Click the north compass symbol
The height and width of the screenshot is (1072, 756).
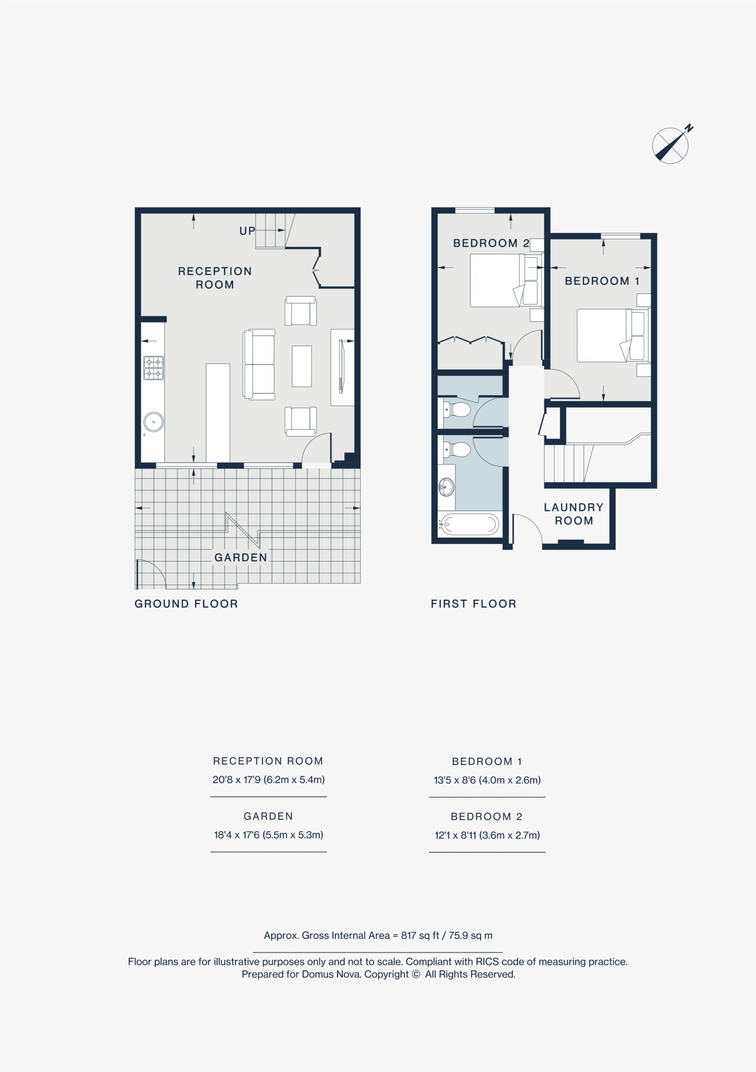pyautogui.click(x=671, y=145)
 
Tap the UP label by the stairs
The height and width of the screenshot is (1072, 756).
pyautogui.click(x=247, y=231)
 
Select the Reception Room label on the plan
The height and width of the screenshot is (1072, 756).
pyautogui.click(x=215, y=278)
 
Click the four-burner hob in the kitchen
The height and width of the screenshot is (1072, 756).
pyautogui.click(x=154, y=368)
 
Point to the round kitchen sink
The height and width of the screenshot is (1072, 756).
pyautogui.click(x=154, y=422)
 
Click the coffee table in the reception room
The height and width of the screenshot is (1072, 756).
pyautogui.click(x=302, y=366)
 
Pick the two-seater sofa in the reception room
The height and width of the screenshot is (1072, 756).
pyautogui.click(x=259, y=364)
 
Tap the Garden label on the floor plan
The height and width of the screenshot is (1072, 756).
pyautogui.click(x=241, y=557)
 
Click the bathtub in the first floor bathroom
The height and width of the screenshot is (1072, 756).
pyautogui.click(x=470, y=524)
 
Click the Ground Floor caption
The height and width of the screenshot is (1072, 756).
pyautogui.click(x=186, y=604)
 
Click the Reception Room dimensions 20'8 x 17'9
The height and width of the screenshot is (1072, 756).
pyautogui.click(x=268, y=779)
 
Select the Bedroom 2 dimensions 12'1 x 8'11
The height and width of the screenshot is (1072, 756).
pyautogui.click(x=487, y=835)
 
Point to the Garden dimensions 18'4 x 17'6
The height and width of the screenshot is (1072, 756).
pyautogui.click(x=268, y=834)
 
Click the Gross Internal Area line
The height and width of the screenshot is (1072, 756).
pyautogui.click(x=378, y=935)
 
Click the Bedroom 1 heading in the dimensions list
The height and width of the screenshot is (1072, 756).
pyautogui.click(x=487, y=762)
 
